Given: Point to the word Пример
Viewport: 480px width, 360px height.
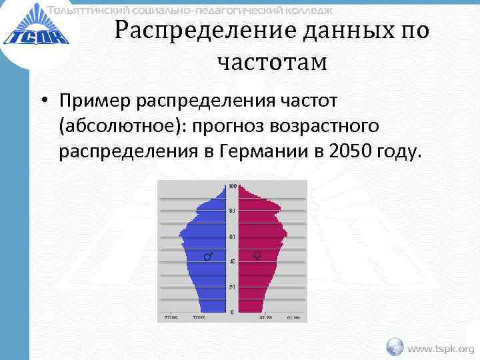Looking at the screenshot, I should [x=95, y=101].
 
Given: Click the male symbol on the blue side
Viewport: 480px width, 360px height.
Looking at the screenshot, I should [x=208, y=256].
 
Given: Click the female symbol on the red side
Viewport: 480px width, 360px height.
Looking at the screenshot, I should [x=258, y=255].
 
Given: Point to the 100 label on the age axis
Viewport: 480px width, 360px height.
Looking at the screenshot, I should [x=232, y=185].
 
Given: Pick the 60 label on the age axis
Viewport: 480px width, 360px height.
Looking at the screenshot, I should [x=232, y=237].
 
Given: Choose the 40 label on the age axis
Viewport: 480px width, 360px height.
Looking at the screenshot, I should [x=232, y=262].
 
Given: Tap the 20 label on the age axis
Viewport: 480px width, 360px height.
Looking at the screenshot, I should [x=232, y=287].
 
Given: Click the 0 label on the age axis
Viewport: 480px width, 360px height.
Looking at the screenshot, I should [x=232, y=312].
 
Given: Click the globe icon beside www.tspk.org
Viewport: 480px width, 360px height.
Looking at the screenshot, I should [x=395, y=346].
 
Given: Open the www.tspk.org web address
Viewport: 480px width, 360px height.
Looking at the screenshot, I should [x=441, y=347].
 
